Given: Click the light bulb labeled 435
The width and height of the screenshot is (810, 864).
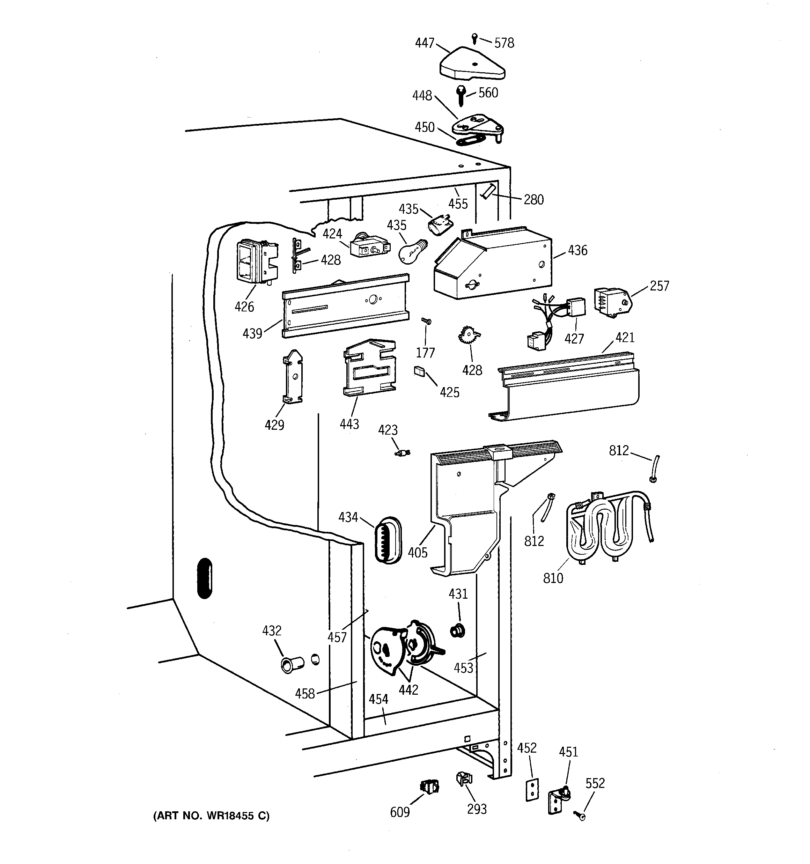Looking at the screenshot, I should coord(411,251).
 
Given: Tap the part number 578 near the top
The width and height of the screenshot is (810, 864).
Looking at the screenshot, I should coord(504,43).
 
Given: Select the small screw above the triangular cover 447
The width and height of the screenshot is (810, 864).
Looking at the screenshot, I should coord(475,39).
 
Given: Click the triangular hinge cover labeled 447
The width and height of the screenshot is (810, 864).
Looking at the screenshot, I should coord(472,68).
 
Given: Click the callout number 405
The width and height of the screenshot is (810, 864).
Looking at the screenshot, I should coord(417,553).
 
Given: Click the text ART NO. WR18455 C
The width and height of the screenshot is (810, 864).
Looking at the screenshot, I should coord(211,816).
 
